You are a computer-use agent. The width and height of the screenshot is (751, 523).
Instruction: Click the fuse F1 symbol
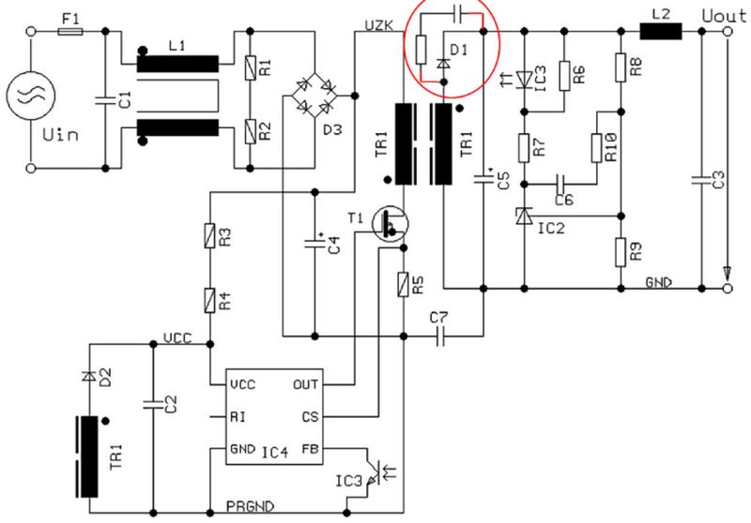[x=69, y=32]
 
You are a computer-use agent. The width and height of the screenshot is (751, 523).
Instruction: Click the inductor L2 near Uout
[x=661, y=31]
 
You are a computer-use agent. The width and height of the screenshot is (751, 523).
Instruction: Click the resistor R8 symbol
[x=621, y=66]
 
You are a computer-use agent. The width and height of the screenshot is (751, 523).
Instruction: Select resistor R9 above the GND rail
[x=621, y=251]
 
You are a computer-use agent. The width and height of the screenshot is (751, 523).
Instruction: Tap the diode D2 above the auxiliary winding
[x=89, y=376]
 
